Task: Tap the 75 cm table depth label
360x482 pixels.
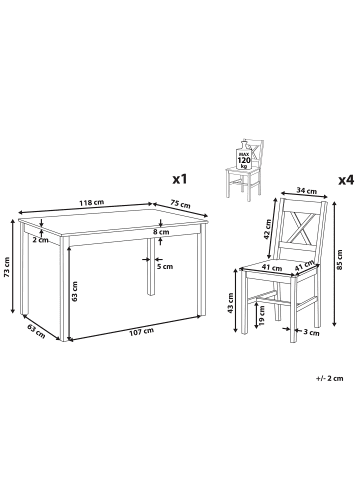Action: coord(180,204)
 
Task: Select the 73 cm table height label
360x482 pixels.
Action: coord(7,267)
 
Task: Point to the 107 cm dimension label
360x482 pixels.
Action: coord(142,331)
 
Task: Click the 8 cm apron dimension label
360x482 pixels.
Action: coord(162,232)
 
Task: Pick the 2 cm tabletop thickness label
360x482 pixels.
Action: coord(41,240)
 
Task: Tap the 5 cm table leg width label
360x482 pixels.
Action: coord(165,266)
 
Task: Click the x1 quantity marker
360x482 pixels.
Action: coord(179,180)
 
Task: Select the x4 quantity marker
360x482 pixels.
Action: coord(346,180)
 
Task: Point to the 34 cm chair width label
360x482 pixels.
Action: coord(307,191)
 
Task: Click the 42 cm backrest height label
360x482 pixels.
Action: coord(267,229)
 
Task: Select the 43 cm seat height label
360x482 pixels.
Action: coord(230,303)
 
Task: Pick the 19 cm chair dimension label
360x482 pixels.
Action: coord(262,315)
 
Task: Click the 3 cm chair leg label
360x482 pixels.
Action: coord(312,332)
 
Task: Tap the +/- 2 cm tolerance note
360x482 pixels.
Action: coord(329,378)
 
